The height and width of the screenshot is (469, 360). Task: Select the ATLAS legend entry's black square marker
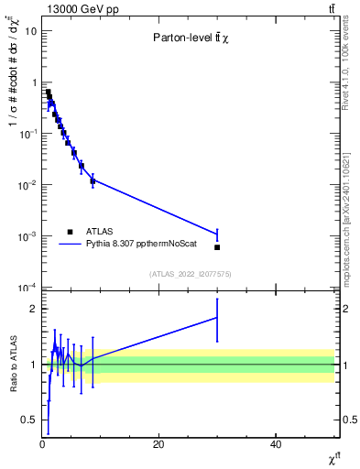(x=70, y=232)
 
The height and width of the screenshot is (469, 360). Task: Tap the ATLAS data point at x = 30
(x=217, y=247)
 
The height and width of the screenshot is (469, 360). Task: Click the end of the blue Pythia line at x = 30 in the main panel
(x=217, y=234)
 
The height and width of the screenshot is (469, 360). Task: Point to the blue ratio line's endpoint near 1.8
(x=217, y=317)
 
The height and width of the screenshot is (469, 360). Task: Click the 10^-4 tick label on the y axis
(x=28, y=288)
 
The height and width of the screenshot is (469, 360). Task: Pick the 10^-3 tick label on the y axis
(x=28, y=236)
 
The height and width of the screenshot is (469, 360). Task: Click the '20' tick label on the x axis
(x=158, y=444)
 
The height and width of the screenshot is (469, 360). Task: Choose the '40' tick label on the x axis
(x=276, y=444)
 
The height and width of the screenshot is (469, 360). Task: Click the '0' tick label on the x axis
(x=42, y=444)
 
